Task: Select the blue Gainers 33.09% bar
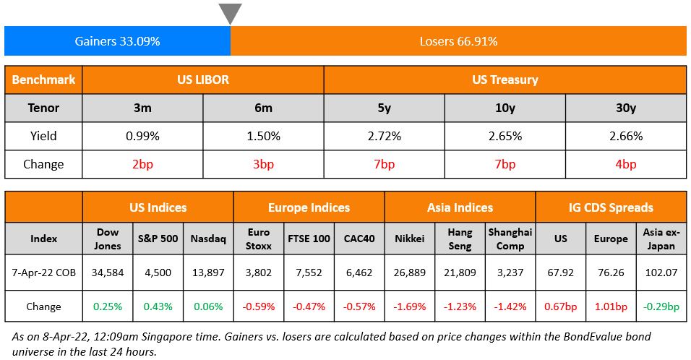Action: point(117,41)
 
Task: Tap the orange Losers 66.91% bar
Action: point(458,41)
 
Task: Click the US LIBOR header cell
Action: point(202,80)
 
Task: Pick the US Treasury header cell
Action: point(505,80)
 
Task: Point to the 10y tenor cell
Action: point(505,108)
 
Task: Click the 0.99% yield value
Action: point(142,136)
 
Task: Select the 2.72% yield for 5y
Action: point(384,136)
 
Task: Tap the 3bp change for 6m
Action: point(263,164)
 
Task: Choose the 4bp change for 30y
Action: point(625,164)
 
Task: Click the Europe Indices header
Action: point(309,207)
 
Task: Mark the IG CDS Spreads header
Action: point(611,207)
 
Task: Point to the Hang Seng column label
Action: point(460,239)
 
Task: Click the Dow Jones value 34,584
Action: point(108,273)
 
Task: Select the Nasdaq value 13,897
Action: point(208,273)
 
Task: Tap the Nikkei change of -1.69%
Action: point(409,307)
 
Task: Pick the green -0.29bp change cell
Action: point(661,307)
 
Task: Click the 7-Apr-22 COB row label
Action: point(43,273)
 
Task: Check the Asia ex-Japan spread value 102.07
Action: point(661,273)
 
